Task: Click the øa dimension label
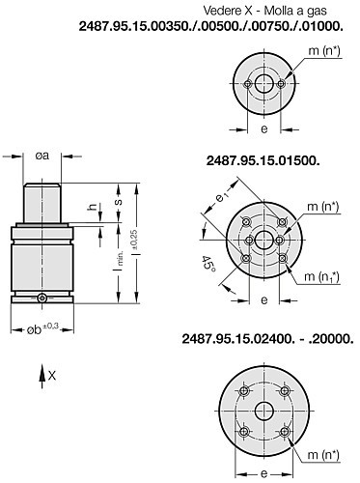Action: pos(42,156)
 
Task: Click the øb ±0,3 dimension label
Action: pos(42,329)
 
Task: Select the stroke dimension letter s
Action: pos(119,202)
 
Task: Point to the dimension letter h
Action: pos(93,208)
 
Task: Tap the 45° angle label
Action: pos(208,264)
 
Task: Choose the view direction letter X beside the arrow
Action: pos(52,375)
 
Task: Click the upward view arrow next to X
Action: pos(42,377)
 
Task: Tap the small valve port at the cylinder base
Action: pos(42,298)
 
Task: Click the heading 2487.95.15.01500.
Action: pos(263,161)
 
